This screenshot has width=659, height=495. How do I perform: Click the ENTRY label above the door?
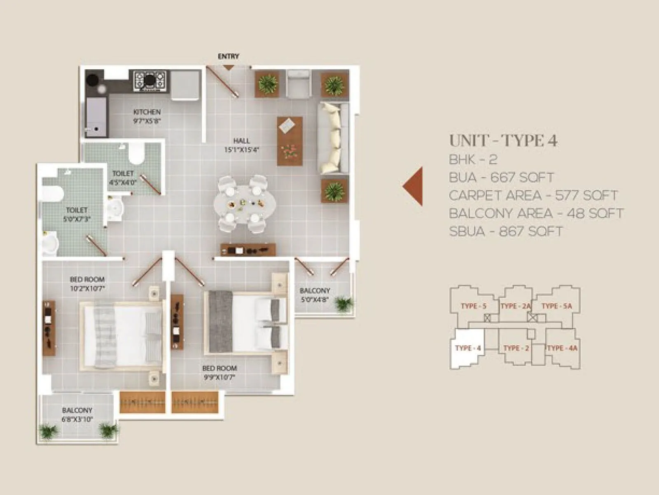[228, 56]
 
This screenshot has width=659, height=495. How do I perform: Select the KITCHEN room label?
[147, 112]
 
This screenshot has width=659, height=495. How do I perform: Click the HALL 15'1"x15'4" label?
[241, 145]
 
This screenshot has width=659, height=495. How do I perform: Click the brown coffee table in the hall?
[290, 141]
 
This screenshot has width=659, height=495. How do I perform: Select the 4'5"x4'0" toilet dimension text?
[123, 182]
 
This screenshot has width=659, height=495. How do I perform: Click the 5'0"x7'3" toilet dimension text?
[77, 219]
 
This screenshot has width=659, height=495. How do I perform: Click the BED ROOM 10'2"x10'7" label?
[87, 284]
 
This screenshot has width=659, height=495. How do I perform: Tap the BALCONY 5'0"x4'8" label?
[315, 295]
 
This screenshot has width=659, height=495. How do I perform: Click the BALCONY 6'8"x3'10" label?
[77, 415]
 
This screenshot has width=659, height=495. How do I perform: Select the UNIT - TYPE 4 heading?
[503, 141]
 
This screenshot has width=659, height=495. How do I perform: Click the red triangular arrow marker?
[414, 186]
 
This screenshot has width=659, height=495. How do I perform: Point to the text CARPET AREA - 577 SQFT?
[533, 195]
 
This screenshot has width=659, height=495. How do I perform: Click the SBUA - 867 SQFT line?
[506, 231]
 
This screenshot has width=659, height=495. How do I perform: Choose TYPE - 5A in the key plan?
[556, 306]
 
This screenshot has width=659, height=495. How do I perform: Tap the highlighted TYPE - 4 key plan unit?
[468, 348]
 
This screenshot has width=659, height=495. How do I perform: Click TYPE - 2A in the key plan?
[515, 306]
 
